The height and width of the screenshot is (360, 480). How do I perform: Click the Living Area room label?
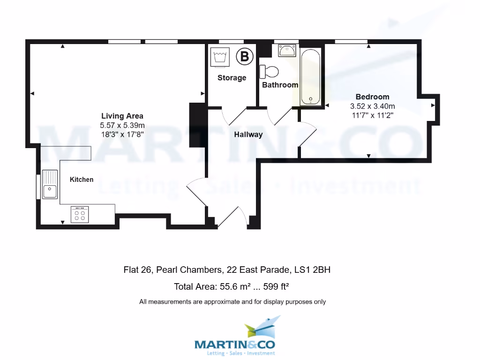click(x=122, y=116)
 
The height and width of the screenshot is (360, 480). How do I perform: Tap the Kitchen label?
click(x=82, y=180)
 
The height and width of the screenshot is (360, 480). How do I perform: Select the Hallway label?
click(x=248, y=135)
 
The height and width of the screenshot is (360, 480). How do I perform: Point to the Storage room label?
click(x=232, y=78)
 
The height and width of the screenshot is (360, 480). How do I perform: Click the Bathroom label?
click(x=280, y=85)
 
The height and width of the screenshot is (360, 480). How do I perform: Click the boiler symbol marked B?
click(x=244, y=57)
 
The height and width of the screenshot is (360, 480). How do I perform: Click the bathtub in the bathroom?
click(x=310, y=77)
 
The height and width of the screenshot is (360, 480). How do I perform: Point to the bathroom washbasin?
click(x=287, y=50)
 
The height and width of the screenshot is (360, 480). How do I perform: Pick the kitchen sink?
click(x=49, y=185)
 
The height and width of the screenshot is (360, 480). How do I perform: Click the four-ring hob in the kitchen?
click(x=80, y=214)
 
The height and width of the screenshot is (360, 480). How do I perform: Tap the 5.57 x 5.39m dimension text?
click(x=122, y=125)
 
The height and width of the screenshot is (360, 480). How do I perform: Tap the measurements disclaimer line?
click(x=232, y=302)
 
